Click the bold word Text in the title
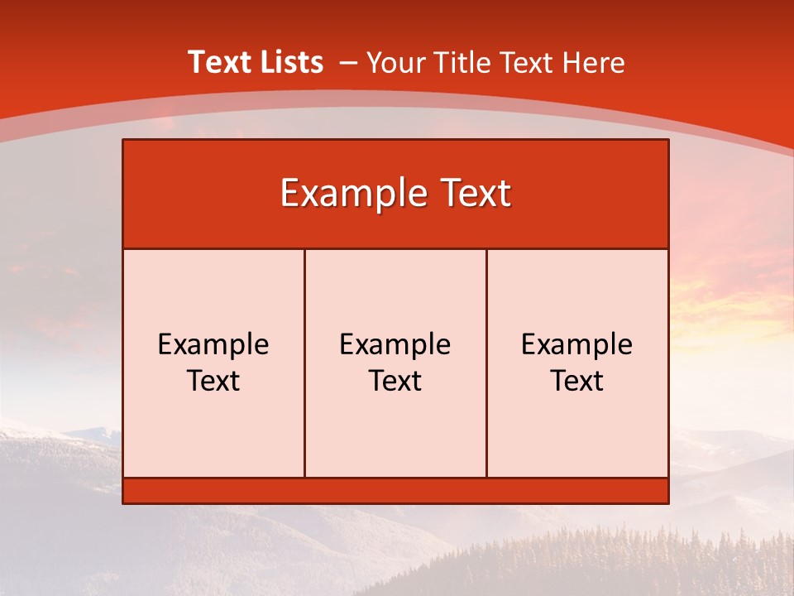coord(218,62)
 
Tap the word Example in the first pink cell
coord(213,344)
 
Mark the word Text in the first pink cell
coord(213,381)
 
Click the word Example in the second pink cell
coord(395,344)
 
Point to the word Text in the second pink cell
coord(395,381)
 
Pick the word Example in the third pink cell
coord(577,344)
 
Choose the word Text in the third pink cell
coord(577,381)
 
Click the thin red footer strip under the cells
coord(395,491)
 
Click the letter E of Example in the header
coord(289,194)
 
